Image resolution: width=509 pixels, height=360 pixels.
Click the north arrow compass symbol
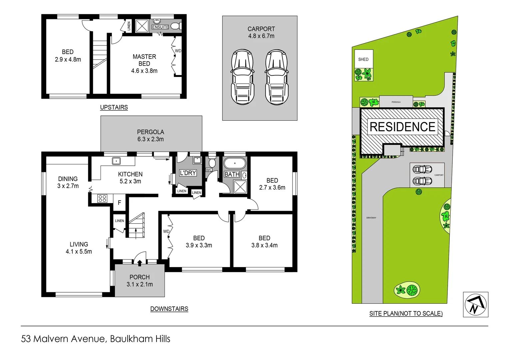point(475,304)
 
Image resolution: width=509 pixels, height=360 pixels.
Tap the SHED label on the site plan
point(363,59)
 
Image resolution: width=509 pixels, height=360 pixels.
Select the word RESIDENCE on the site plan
point(402,127)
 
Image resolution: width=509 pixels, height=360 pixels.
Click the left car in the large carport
point(242,77)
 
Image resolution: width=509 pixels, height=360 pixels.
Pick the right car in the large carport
point(276,77)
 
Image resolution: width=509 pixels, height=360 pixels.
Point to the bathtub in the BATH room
point(235,163)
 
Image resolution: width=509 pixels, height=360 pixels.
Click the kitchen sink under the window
point(116,161)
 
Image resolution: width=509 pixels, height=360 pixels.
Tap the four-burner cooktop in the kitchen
point(102,199)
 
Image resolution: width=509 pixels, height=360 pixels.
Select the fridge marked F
point(119,203)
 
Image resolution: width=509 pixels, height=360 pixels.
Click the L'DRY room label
point(188,173)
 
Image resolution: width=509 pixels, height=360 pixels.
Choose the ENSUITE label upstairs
point(160,27)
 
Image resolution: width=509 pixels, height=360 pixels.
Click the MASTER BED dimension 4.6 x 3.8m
point(144,71)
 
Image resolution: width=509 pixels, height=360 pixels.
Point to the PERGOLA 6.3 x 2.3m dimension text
point(151,139)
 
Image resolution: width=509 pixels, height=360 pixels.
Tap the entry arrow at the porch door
point(140,263)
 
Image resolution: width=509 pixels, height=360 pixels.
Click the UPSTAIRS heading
point(114,107)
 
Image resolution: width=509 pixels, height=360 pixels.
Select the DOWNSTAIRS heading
point(169,309)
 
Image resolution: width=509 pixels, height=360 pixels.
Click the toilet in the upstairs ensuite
point(176,26)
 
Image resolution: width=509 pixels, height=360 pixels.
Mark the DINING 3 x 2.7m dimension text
point(68,186)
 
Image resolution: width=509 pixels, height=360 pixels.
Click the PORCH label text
point(140,277)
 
